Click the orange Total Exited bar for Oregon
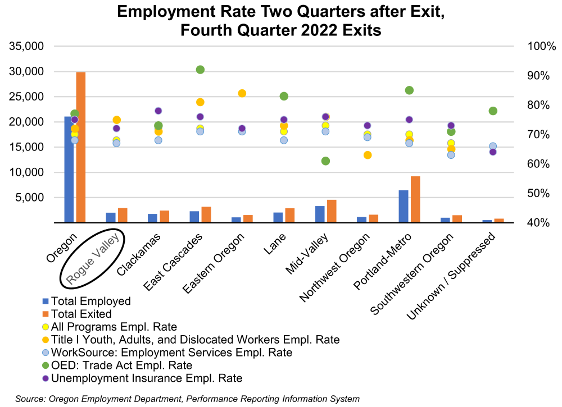[x=80, y=147]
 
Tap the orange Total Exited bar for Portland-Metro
[x=415, y=199]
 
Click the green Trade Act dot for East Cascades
[x=200, y=70]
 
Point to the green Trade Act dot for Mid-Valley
[x=325, y=161]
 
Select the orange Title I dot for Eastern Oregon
[x=242, y=93]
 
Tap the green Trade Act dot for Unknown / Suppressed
[x=493, y=111]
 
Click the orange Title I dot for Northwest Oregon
[x=368, y=155]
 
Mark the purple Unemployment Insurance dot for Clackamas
[x=158, y=111]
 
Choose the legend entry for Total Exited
[x=81, y=314]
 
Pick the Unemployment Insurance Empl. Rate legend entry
[x=146, y=378]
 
